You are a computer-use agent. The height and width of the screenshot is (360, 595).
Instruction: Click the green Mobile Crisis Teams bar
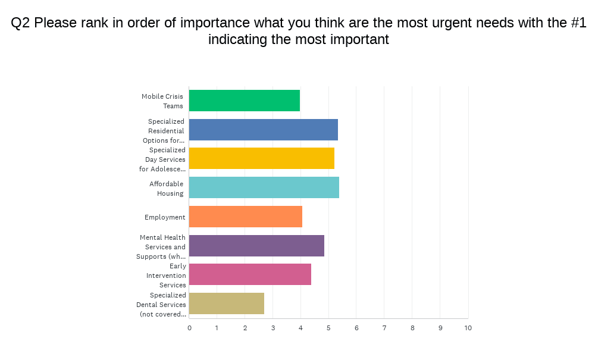(245, 101)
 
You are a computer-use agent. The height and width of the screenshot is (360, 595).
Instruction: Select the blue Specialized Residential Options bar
(264, 130)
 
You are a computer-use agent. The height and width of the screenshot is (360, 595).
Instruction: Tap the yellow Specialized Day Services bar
(262, 158)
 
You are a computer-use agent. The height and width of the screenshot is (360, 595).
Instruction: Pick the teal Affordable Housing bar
(264, 187)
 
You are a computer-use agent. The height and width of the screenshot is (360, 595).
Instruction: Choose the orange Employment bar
(246, 217)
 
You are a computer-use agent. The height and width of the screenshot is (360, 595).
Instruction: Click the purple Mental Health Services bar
(256, 246)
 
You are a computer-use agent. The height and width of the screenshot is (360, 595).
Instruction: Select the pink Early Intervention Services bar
(250, 274)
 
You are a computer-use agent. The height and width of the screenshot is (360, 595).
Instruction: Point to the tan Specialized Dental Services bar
(227, 303)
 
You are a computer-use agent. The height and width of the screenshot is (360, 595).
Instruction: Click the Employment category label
(165, 217)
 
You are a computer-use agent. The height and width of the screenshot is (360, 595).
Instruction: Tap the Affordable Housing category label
(167, 189)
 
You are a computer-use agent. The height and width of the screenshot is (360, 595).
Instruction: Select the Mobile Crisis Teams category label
(162, 101)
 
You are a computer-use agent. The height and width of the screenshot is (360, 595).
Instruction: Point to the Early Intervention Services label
(166, 276)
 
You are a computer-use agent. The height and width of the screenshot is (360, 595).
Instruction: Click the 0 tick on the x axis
(189, 328)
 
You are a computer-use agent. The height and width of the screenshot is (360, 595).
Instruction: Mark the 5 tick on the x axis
(328, 328)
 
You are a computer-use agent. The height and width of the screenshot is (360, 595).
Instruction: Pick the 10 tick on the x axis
(468, 328)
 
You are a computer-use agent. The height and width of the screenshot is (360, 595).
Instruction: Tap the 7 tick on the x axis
(384, 328)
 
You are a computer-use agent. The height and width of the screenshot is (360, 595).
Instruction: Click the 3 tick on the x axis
(273, 328)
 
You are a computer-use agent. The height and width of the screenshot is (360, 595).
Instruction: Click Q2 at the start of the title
(21, 23)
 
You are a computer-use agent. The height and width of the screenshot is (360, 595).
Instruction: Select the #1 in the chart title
(578, 23)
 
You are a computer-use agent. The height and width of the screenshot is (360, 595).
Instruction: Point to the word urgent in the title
(458, 23)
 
